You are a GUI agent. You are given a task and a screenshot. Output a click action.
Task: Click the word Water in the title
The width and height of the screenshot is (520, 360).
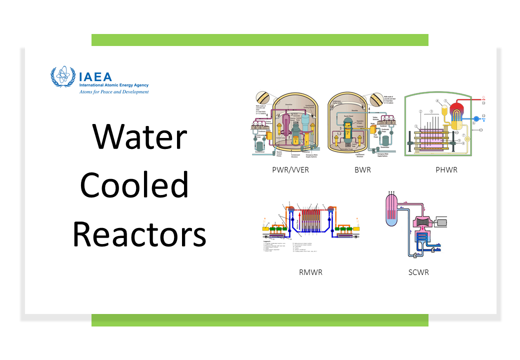[x=139, y=137]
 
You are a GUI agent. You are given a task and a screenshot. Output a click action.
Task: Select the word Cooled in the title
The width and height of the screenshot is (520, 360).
[x=134, y=185]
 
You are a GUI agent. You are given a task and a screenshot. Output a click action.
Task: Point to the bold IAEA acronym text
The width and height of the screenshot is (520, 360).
[x=96, y=76]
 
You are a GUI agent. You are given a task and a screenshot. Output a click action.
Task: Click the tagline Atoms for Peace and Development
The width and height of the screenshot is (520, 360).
[x=114, y=92]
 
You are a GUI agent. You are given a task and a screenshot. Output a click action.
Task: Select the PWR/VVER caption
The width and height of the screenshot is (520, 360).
[x=290, y=170]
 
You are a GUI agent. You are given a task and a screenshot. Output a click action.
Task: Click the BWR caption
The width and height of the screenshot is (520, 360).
[x=362, y=170]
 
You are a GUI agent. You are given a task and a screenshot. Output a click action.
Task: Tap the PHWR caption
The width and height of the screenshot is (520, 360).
[x=446, y=170]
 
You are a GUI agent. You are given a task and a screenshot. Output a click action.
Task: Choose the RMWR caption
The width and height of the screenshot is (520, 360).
[x=310, y=272]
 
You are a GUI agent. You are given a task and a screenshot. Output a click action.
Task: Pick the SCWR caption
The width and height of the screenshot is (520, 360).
[x=418, y=272]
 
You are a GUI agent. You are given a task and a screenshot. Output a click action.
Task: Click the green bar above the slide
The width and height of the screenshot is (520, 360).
[x=259, y=40]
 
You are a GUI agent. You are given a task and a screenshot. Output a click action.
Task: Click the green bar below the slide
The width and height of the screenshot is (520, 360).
[x=259, y=320]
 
